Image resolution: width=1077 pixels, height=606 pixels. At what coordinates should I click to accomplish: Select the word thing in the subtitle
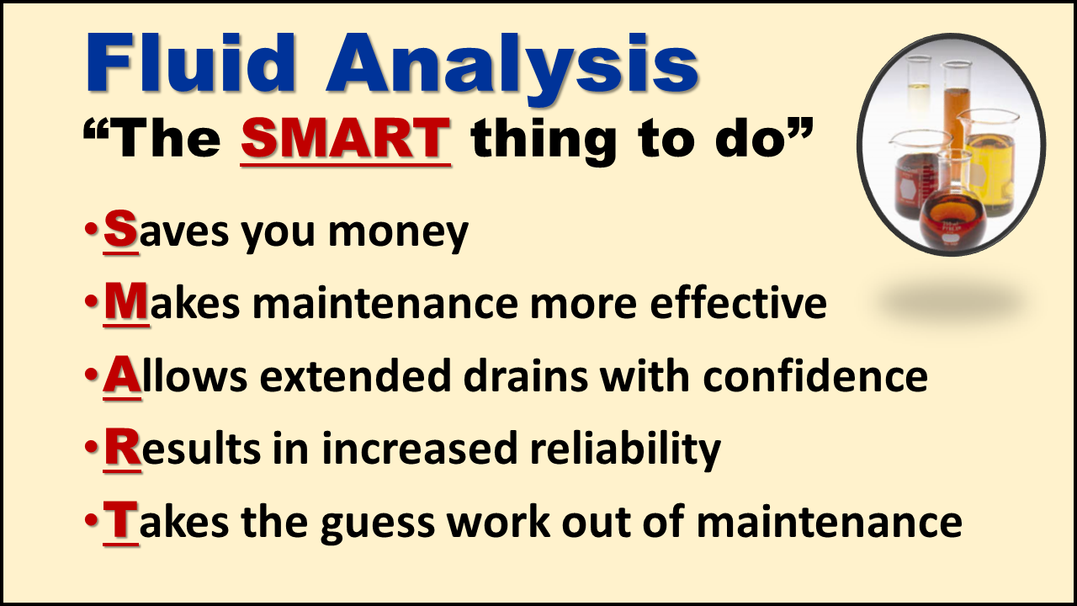(x=544, y=141)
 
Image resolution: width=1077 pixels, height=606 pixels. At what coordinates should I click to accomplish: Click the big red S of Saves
(x=120, y=229)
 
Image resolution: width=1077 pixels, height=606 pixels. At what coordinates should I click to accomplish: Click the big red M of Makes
(x=126, y=301)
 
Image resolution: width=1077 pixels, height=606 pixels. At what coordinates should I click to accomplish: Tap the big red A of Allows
(x=122, y=375)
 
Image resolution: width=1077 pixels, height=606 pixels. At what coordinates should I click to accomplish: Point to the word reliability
(x=625, y=449)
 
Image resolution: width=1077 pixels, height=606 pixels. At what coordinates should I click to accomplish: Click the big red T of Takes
(x=120, y=519)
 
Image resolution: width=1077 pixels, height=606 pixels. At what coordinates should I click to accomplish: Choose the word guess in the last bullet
(x=378, y=524)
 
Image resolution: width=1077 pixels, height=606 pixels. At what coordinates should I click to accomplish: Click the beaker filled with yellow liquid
(x=989, y=163)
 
